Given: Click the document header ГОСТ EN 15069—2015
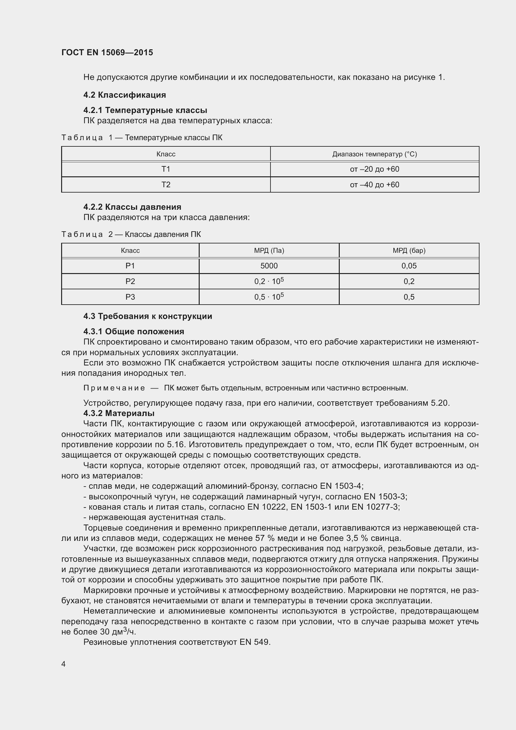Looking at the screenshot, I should click(107, 52).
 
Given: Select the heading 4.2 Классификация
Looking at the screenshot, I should click(124, 95).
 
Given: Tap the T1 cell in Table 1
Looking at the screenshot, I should click(166, 169).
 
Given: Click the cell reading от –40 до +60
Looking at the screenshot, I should click(374, 185).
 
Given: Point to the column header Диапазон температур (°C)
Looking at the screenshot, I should click(374, 154).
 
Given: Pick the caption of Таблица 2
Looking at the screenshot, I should click(131, 234).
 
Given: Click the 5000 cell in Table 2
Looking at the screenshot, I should click(269, 266).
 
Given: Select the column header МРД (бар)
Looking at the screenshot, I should click(409, 251).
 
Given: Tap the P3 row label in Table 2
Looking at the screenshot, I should click(130, 297).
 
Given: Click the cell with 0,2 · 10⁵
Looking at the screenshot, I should click(269, 281).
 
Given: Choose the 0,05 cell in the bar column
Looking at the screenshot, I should click(409, 266).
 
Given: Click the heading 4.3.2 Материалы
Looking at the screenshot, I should click(119, 413).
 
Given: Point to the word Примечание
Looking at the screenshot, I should click(114, 388).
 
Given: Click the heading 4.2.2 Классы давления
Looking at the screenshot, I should click(132, 207).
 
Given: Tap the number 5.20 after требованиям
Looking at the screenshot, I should click(440, 403).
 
